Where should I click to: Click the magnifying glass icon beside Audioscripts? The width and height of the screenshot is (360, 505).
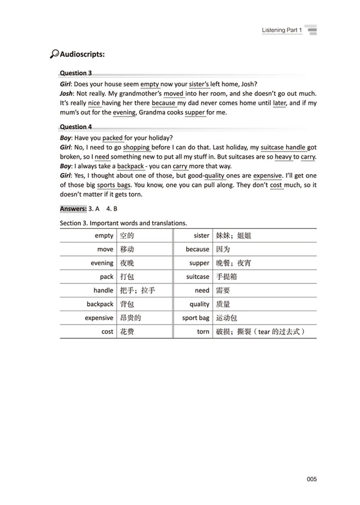click(x=54, y=54)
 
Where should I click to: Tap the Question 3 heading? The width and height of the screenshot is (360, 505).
click(x=76, y=73)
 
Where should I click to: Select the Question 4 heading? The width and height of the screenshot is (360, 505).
click(x=76, y=127)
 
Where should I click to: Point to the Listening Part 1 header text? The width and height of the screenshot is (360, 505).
click(x=282, y=30)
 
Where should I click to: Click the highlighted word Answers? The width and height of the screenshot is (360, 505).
click(x=73, y=209)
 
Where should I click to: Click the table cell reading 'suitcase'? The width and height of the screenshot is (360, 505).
click(x=198, y=277)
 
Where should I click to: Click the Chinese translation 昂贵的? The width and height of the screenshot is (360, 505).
click(x=131, y=318)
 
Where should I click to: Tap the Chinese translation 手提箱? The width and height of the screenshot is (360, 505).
click(x=227, y=277)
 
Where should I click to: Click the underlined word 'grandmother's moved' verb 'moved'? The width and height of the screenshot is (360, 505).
click(x=174, y=94)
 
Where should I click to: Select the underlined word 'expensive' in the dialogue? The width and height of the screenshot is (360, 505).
click(x=267, y=176)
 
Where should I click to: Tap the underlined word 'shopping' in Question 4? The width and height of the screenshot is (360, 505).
click(x=136, y=148)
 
